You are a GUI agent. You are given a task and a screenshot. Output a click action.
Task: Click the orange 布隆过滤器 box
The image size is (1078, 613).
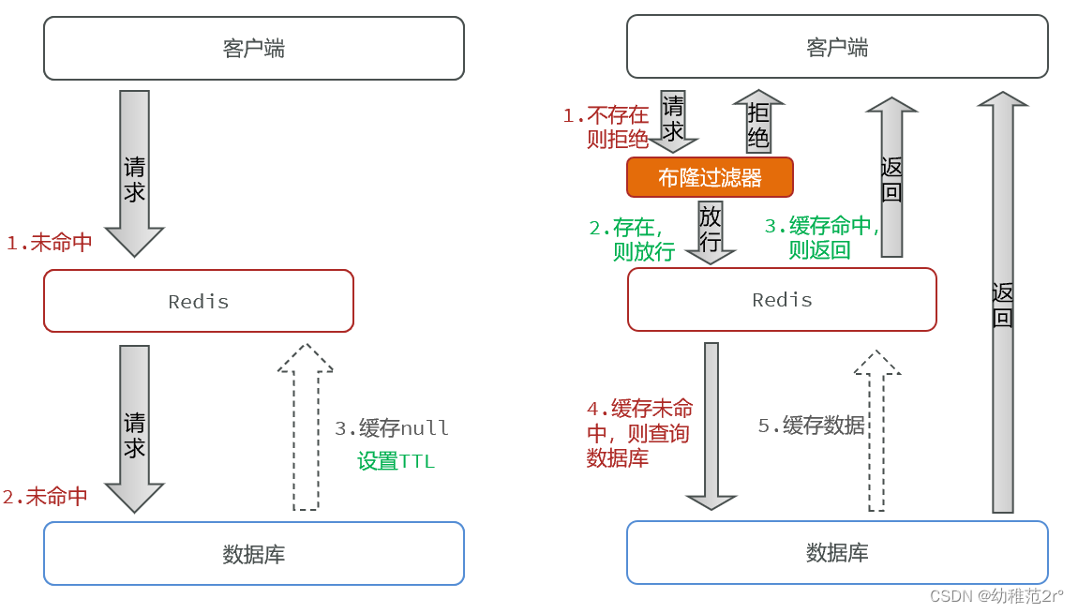(x=710, y=177)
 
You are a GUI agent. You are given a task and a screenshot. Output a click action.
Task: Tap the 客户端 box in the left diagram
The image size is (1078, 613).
(x=254, y=48)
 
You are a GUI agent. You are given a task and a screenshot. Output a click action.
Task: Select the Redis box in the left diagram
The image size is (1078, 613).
(x=199, y=301)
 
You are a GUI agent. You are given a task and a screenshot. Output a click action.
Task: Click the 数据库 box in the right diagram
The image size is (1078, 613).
(x=837, y=553)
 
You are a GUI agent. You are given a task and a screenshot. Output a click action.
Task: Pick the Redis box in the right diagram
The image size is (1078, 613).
(x=782, y=300)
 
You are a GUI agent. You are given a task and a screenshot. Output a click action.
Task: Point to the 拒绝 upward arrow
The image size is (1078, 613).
(x=758, y=122)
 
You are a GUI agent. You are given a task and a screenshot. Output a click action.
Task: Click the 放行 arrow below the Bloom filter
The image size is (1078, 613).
(x=711, y=231)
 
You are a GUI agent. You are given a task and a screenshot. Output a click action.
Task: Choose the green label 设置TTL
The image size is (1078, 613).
(x=396, y=461)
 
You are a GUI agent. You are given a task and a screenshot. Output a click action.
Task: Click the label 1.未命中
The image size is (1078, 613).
(x=50, y=243)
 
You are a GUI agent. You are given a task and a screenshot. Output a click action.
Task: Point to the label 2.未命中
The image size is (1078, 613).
(x=45, y=497)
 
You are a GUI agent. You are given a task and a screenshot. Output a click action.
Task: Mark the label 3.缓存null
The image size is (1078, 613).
(x=392, y=428)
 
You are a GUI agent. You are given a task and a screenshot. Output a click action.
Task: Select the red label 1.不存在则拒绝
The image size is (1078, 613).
(x=606, y=127)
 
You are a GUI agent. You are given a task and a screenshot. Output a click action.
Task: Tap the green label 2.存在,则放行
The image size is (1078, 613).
(x=631, y=239)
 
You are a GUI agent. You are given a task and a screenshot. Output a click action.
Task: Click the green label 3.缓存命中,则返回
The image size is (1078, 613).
(x=821, y=238)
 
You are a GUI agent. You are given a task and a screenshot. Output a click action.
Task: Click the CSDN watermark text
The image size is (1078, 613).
(x=996, y=596)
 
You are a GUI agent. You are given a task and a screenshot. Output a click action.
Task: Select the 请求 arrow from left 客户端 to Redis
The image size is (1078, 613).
(x=134, y=173)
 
